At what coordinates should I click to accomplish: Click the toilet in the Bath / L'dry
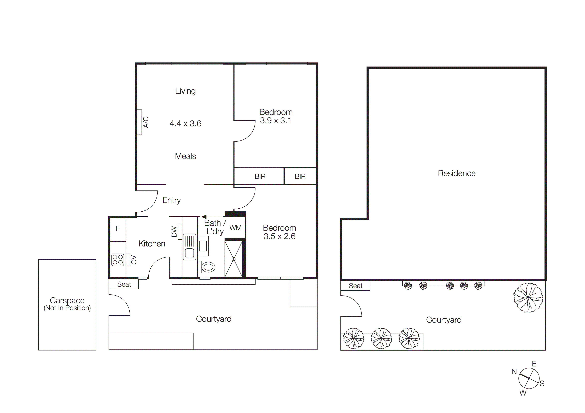coord(208,267)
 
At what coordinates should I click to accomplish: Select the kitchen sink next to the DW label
coord(189,247)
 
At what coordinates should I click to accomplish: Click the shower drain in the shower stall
coord(233,259)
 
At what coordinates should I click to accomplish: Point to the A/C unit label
coord(146,122)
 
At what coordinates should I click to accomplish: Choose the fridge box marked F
coord(117,229)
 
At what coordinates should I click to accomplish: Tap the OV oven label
coord(134,260)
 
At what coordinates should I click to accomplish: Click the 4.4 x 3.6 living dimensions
coord(185,124)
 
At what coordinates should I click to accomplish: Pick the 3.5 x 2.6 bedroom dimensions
coord(279,236)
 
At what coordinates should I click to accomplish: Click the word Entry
coord(171,200)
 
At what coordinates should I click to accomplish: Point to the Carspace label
coord(67,301)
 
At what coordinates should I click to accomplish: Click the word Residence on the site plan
coord(457,173)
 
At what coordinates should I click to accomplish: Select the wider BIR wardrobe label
coord(260,176)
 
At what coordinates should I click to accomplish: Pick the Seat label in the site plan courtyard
coord(355,286)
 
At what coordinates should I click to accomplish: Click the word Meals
coord(185,156)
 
